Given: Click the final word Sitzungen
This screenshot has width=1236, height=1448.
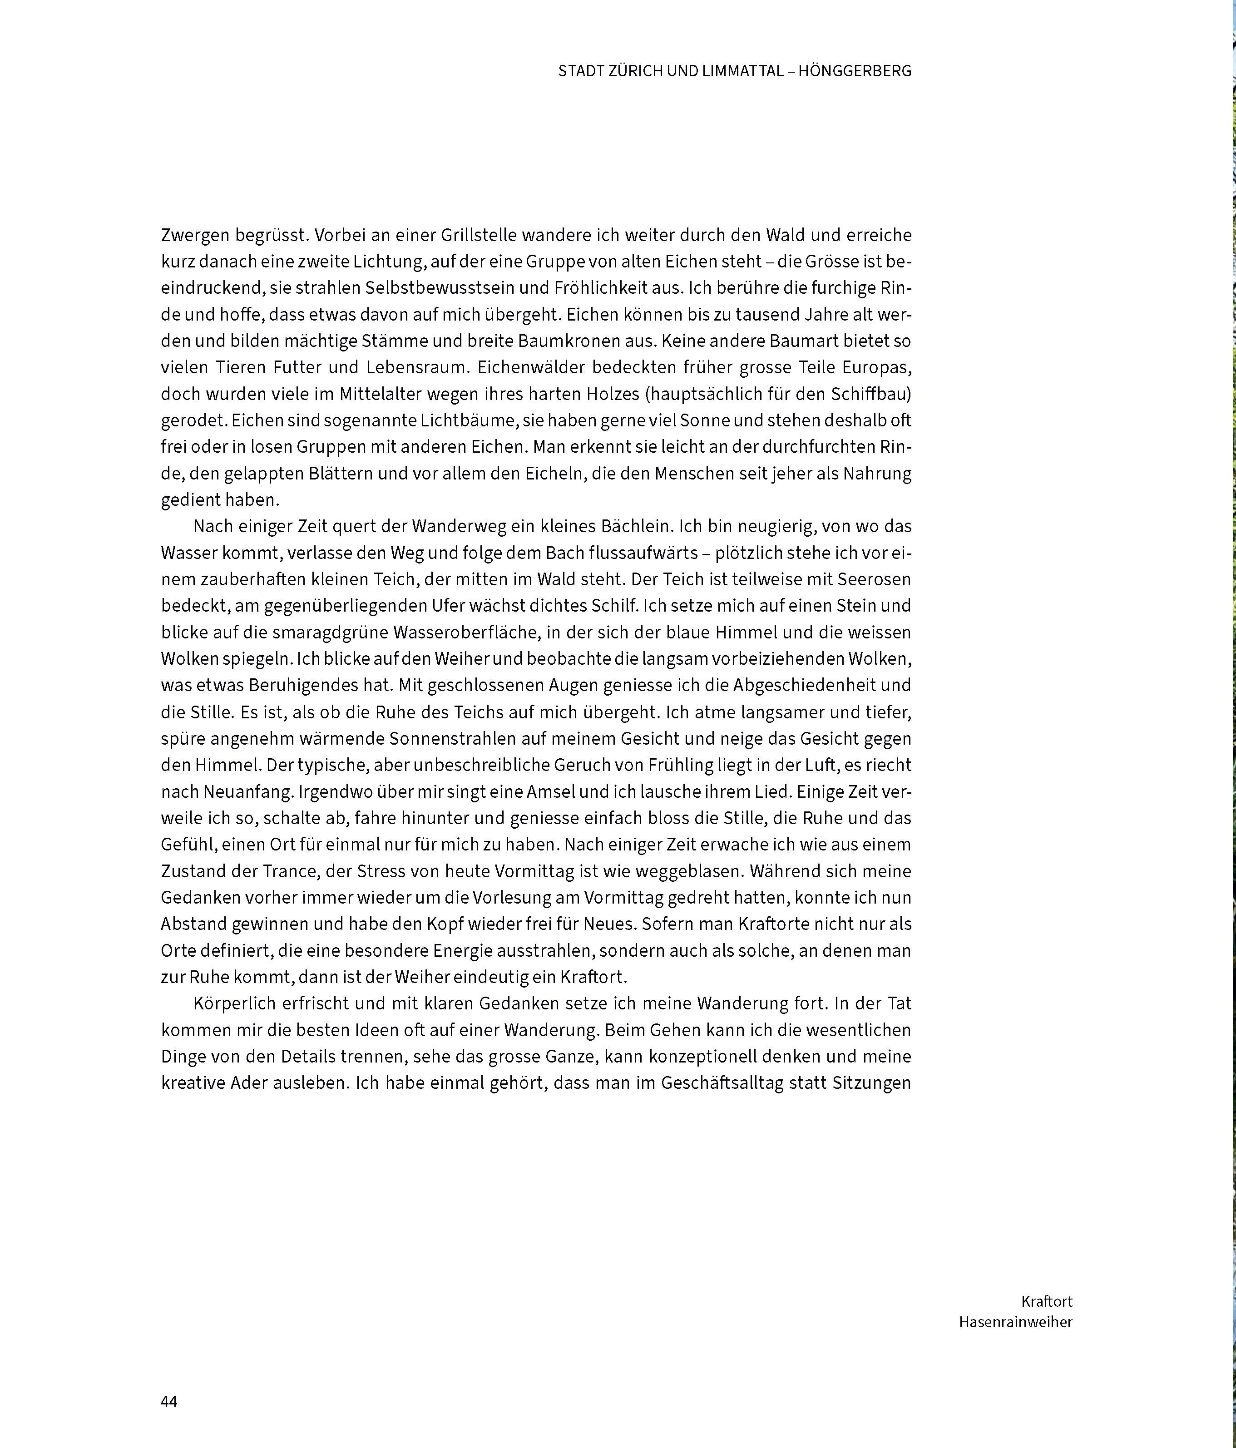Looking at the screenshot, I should coord(871,1083).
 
